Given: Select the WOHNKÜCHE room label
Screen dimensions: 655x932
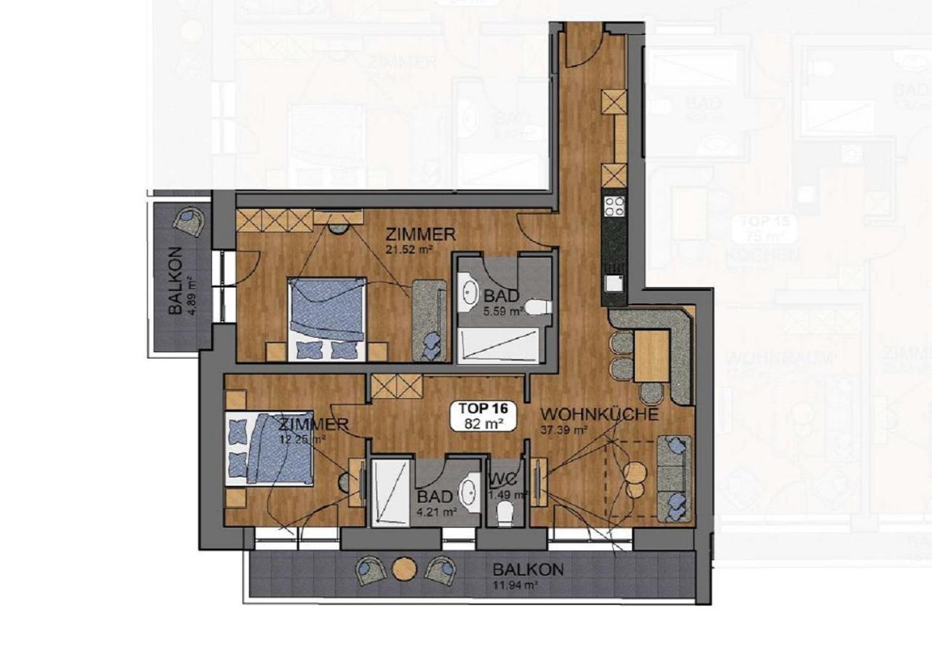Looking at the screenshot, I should [599, 414].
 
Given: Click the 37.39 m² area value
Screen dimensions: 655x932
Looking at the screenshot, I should [564, 429].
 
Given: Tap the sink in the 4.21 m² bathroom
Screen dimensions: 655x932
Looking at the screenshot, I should [470, 489].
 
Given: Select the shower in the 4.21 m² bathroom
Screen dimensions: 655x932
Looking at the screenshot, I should [392, 492].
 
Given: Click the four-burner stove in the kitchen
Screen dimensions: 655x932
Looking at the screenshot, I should [614, 206].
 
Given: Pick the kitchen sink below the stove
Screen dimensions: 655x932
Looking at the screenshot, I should [614, 282].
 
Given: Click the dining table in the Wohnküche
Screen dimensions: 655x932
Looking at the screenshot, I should [651, 356].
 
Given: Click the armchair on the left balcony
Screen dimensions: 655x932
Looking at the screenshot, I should [189, 220].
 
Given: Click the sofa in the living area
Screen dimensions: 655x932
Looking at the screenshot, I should [674, 478].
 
